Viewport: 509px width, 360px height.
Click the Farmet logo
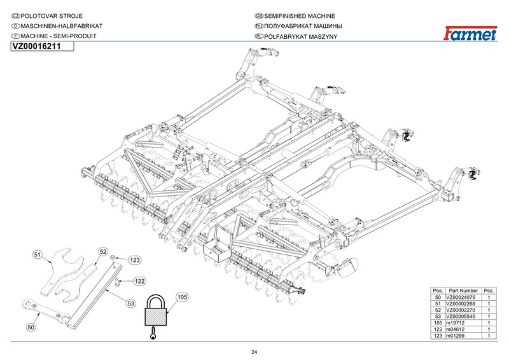(470, 34)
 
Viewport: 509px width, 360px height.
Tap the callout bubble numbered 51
(38, 255)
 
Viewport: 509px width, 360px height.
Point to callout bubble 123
(135, 260)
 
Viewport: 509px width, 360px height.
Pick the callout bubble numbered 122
(139, 280)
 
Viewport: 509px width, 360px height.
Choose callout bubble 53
(132, 303)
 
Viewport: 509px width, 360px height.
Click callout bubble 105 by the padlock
(182, 297)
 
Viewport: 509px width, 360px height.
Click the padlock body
(157, 313)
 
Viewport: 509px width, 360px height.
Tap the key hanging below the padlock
(153, 333)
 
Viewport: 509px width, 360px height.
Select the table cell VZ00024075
(462, 298)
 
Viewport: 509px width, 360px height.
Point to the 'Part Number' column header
(463, 290)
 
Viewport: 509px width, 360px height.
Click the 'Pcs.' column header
(489, 290)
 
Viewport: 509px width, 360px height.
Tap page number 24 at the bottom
(254, 352)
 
